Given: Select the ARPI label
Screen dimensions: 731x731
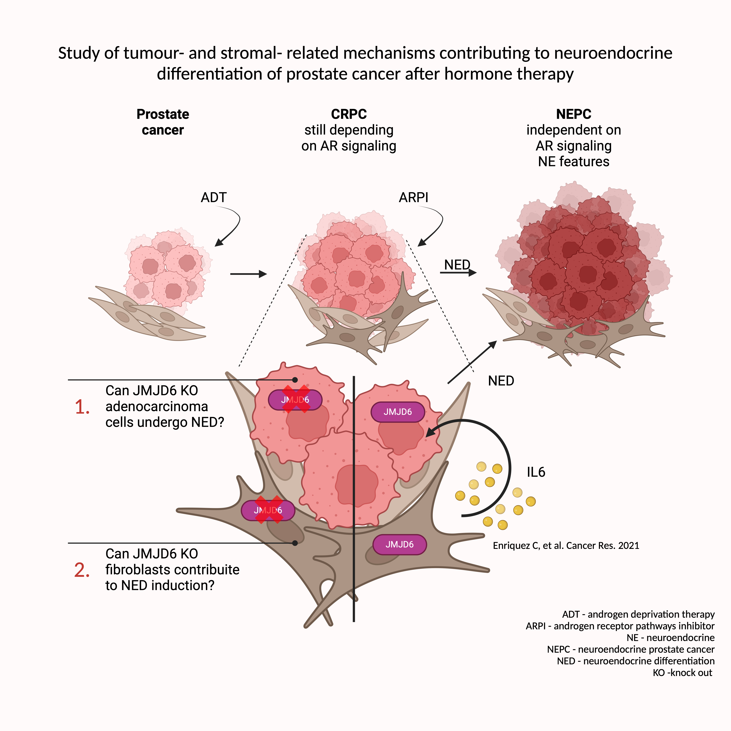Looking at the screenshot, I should (414, 198).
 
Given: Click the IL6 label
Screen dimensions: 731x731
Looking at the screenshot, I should (536, 472).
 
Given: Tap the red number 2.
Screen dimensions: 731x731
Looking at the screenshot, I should (82, 570).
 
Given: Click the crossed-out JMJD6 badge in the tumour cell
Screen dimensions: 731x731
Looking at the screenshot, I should (295, 400).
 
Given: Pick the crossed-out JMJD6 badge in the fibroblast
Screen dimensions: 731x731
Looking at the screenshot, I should (268, 510).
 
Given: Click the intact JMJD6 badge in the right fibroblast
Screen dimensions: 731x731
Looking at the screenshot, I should (400, 544).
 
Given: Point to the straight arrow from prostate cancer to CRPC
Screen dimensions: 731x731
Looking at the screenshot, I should (248, 274).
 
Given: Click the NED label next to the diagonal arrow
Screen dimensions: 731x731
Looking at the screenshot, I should (501, 381).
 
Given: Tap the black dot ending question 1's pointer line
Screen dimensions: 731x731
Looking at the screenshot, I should (295, 379).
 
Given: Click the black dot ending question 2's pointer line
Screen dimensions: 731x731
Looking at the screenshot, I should (295, 543).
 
